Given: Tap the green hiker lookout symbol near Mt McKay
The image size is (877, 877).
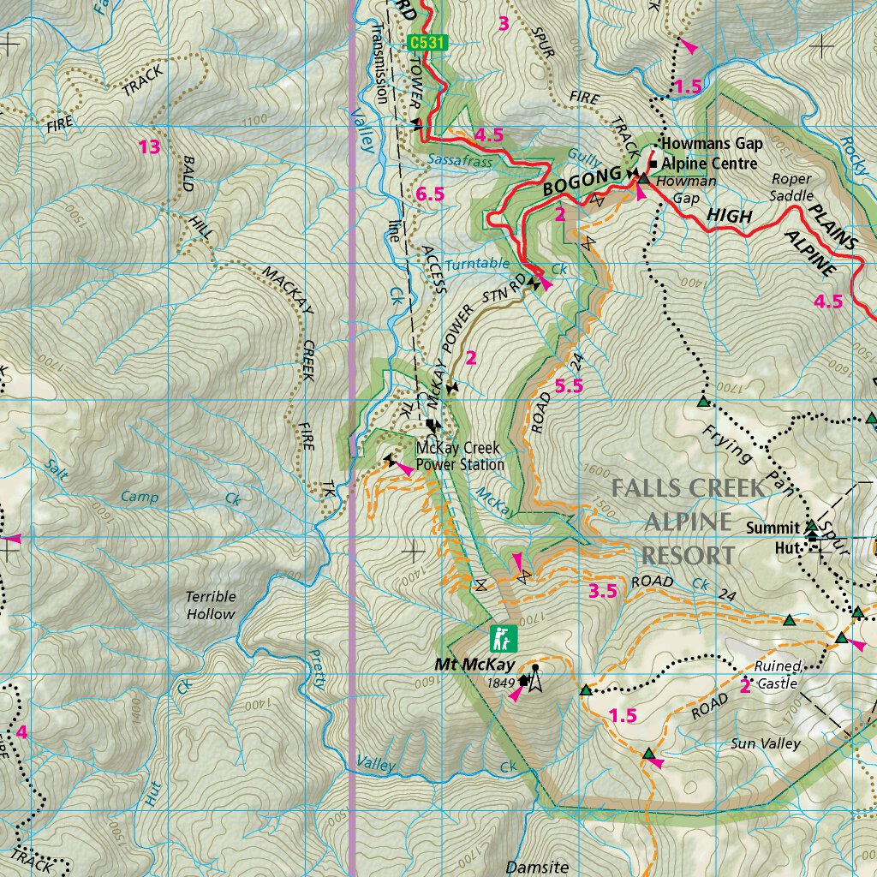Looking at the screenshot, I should (503, 638).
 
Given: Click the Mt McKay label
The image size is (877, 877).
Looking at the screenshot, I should (474, 665).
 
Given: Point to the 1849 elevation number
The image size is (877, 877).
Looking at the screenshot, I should (499, 683).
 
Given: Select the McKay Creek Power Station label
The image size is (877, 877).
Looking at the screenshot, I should (459, 456).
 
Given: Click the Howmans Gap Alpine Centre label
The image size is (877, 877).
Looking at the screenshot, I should (708, 154).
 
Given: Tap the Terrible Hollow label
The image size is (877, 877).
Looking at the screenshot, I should (211, 605).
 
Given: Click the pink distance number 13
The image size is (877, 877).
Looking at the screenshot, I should (149, 147).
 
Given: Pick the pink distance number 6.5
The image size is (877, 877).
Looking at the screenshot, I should (430, 194).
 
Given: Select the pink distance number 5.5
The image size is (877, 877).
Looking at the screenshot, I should (569, 386).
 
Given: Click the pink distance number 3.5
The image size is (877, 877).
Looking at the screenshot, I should (603, 590).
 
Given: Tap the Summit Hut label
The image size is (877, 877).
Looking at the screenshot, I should (772, 536).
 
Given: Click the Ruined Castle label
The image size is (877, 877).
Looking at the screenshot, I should (778, 675).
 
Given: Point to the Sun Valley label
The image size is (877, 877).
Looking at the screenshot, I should (766, 743).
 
